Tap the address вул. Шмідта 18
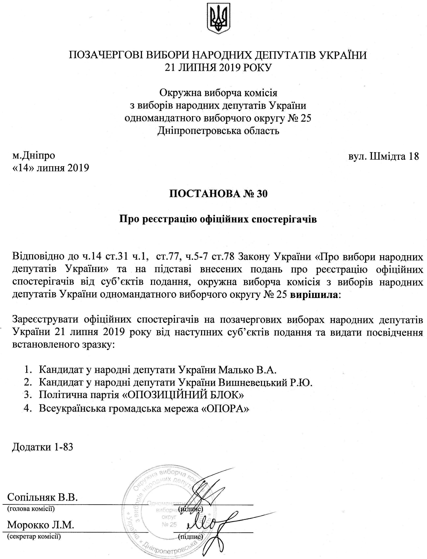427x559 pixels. (383, 156)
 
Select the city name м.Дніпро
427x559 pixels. (34, 155)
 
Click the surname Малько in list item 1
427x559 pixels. (236, 370)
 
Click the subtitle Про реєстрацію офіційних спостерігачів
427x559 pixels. (218, 219)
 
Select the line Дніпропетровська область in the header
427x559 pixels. (218, 131)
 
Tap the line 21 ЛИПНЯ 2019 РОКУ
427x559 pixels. (218, 68)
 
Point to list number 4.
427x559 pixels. (26, 407)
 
